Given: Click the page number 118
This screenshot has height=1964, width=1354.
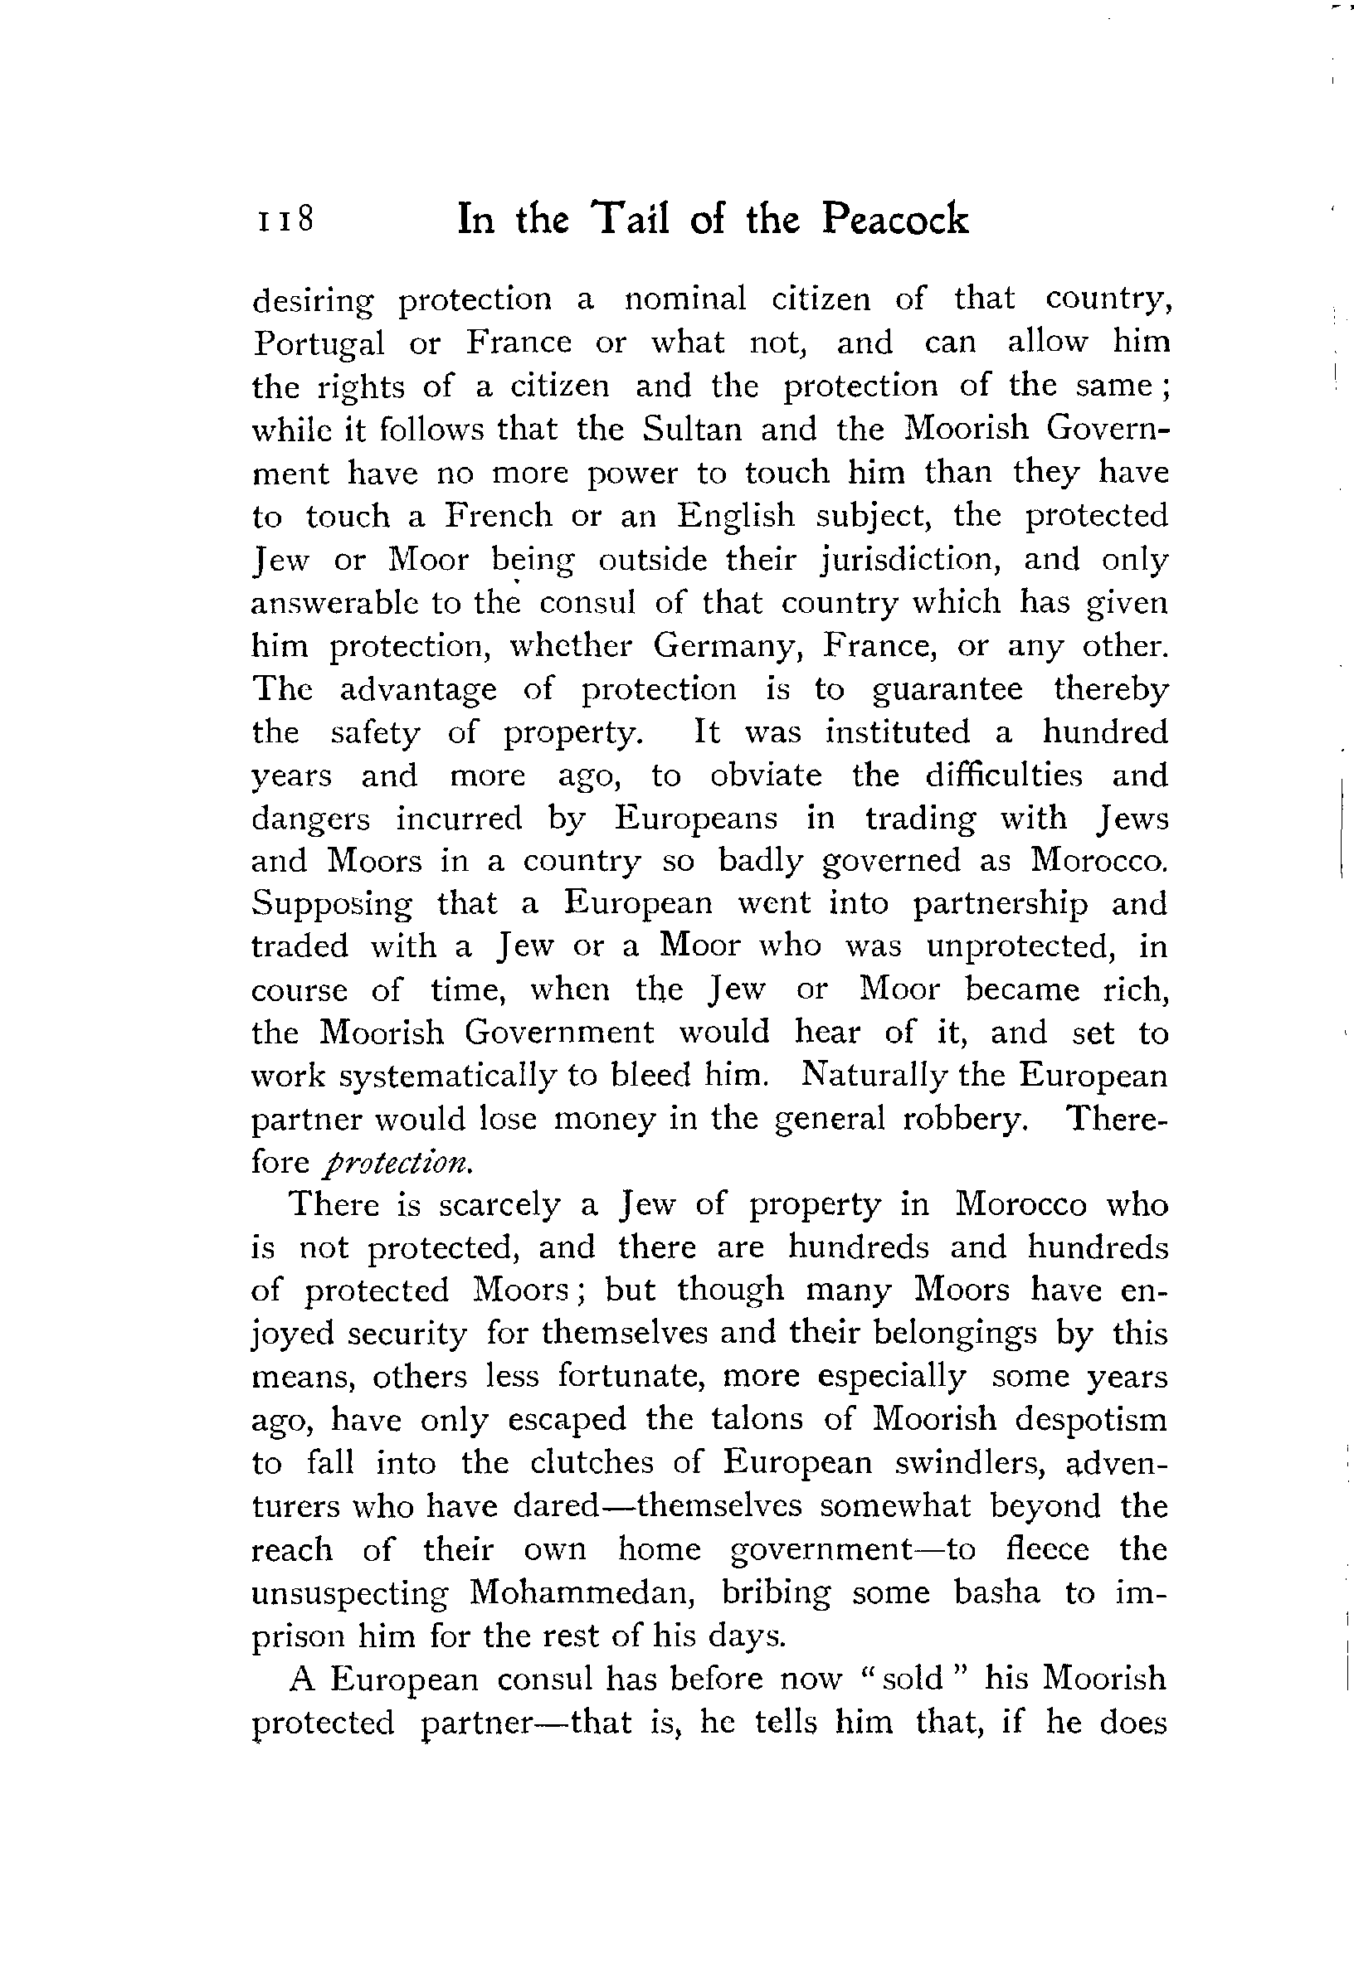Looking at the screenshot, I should point(286,219).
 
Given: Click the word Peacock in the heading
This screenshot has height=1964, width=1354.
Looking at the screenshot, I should point(894,219).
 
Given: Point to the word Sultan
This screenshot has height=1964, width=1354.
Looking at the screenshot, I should point(691,428).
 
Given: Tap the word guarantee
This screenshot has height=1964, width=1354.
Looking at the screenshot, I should point(947,689).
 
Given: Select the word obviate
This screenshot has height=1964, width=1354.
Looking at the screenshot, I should point(765,775).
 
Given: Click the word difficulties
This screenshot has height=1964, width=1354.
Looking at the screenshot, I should point(1004,775).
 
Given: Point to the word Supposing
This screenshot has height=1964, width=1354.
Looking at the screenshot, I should point(332,905).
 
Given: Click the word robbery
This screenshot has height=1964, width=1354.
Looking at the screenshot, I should point(965,1120).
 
